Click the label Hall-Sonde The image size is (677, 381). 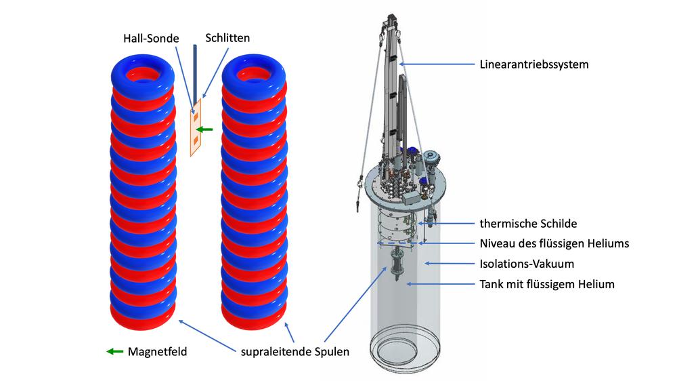tap(151, 39)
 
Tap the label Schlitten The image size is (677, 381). tap(227, 38)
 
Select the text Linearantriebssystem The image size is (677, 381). tap(534, 64)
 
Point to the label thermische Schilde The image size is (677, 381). tap(528, 224)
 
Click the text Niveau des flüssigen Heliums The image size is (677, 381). tap(554, 243)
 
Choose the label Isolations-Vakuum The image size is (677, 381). tap(527, 264)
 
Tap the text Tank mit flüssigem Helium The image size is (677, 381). tap(547, 284)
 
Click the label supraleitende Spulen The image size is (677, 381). tap(295, 352)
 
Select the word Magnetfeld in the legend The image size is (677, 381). tap(157, 352)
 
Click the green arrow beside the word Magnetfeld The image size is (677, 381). tap(115, 352)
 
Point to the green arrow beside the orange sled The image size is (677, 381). tap(204, 129)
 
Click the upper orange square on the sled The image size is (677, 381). tap(196, 117)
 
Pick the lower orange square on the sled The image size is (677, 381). tap(196, 140)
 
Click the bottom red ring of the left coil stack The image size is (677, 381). tap(143, 317)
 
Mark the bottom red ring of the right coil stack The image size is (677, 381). tap(254, 317)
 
